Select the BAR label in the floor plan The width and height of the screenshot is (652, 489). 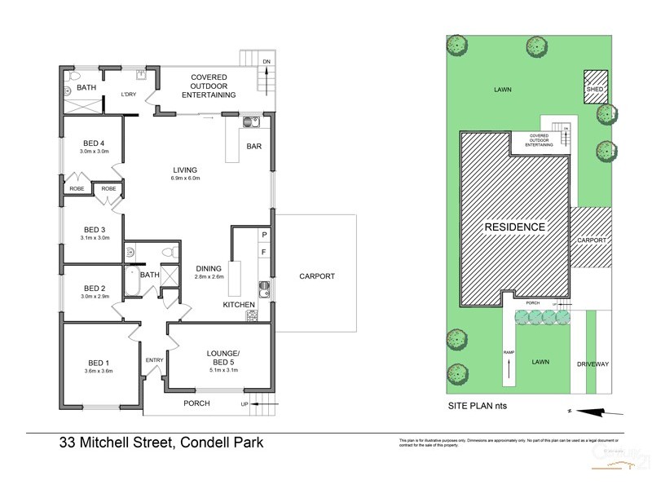coord(254,147)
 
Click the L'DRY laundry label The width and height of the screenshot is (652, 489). coord(129,95)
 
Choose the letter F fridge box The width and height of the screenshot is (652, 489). coord(263,253)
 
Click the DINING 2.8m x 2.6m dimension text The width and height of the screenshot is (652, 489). coord(209,277)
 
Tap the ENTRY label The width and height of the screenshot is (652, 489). coord(154,360)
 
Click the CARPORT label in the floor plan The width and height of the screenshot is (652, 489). coord(316,276)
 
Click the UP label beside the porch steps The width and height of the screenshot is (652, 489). coord(244,403)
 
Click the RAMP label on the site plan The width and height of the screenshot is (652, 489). coord(508,352)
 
